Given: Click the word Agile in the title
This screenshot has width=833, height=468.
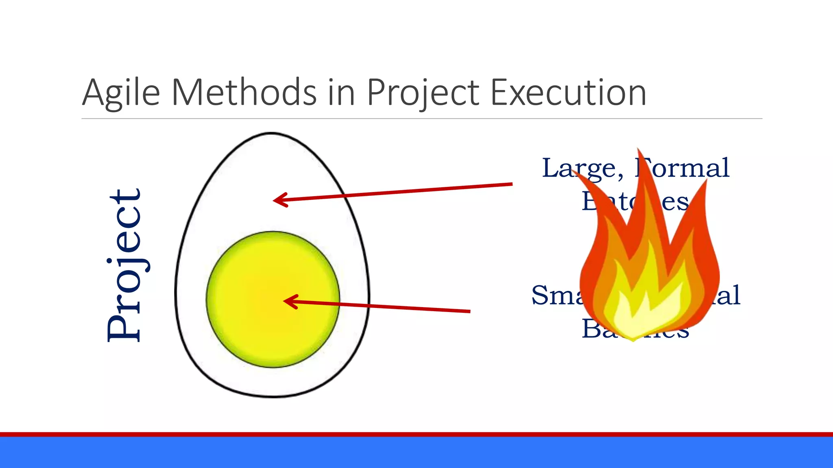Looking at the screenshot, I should point(121,93).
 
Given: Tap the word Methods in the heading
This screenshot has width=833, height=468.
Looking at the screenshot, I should point(244,92).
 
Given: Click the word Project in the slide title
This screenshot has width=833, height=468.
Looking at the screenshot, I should point(423,93).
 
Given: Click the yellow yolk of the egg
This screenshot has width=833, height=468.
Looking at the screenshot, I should point(273,299).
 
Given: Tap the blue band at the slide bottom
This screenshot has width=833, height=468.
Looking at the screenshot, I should point(416,453).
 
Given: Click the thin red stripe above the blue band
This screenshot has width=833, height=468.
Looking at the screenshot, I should point(416,434).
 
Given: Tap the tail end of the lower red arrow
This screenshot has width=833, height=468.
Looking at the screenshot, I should point(469,311).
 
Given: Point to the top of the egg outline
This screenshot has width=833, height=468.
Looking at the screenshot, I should point(271,133).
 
